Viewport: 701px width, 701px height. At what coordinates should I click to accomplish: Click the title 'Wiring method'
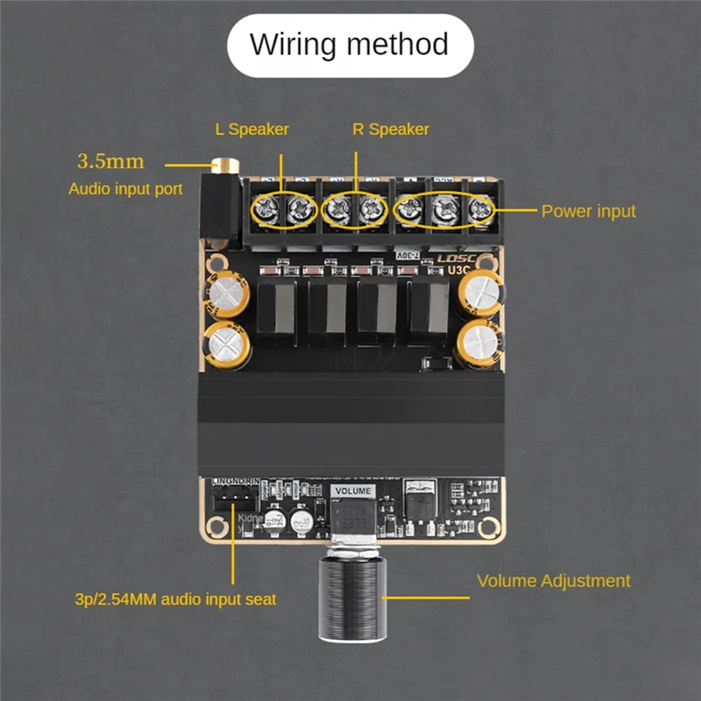(x=350, y=44)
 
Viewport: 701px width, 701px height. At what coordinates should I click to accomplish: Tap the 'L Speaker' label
(x=251, y=130)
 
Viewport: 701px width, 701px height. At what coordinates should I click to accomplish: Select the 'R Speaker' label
(x=391, y=130)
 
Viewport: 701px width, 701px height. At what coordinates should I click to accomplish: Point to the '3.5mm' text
(x=110, y=161)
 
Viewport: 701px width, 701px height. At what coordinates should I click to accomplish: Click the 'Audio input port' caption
(x=125, y=188)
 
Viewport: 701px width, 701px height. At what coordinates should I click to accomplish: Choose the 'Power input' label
(x=588, y=211)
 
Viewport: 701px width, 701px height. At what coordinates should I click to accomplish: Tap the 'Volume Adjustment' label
(x=553, y=581)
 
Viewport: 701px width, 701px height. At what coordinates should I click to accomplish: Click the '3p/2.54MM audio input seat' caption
(x=175, y=600)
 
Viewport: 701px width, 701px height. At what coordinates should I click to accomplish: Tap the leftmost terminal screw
(x=266, y=209)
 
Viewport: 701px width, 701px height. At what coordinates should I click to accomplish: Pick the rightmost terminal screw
(x=480, y=209)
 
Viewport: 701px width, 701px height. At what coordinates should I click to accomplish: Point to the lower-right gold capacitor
(x=480, y=342)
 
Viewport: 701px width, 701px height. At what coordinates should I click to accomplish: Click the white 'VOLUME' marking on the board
(x=354, y=492)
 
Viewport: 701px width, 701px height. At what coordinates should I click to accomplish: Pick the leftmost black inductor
(x=279, y=311)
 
